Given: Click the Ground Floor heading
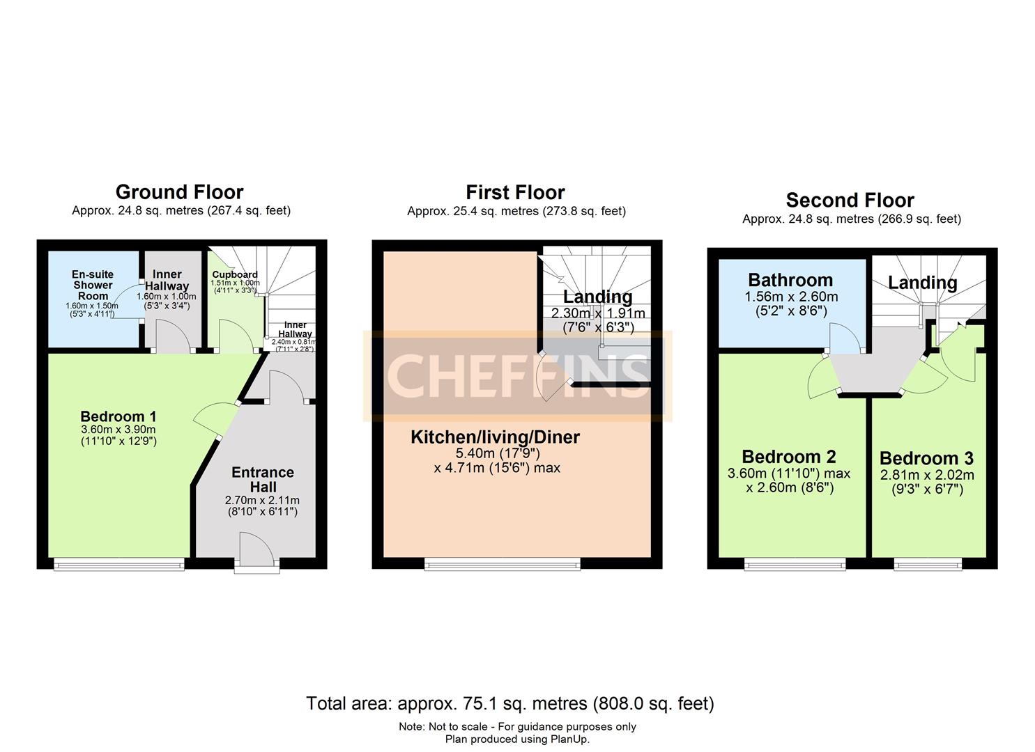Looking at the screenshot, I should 179,192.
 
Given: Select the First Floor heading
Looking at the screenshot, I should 515,192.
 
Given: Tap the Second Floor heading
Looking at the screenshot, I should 850,201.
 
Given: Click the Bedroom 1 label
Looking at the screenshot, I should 118,416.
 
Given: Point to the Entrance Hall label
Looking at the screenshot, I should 262,480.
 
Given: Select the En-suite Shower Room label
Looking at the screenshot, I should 93,285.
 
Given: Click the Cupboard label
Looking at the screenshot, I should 235,274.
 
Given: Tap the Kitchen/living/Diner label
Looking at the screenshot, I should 495,437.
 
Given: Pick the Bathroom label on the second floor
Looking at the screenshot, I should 790,280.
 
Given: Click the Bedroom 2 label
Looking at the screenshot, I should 789,457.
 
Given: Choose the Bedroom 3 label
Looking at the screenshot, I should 926,458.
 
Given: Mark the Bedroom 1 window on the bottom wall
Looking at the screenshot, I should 119,564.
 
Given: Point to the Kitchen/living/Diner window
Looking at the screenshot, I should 503,564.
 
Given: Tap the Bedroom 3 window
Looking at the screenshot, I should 928,564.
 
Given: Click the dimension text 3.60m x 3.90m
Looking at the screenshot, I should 118,430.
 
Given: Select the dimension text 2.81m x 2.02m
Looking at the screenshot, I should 926,476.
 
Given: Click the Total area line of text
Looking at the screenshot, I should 509,703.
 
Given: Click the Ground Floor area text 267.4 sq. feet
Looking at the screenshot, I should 248,210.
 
